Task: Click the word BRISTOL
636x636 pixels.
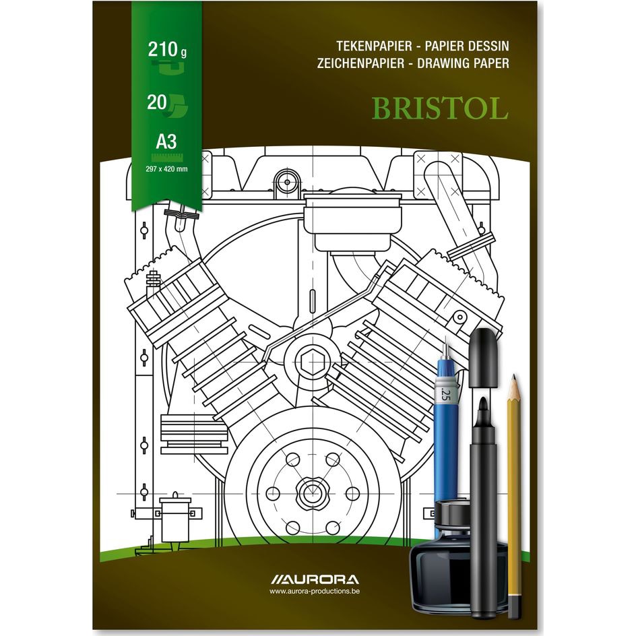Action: click(x=440, y=108)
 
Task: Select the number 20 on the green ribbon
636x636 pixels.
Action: click(x=157, y=102)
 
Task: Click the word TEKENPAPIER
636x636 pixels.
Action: click(x=375, y=46)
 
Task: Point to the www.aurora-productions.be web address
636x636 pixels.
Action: click(x=314, y=592)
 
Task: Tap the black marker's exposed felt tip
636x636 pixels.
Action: click(x=483, y=407)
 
